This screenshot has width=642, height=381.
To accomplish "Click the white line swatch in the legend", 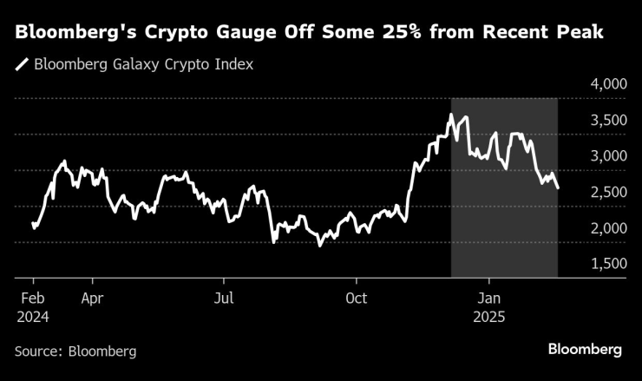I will click(x=21, y=65).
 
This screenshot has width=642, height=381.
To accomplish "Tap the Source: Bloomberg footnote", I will click(x=75, y=351).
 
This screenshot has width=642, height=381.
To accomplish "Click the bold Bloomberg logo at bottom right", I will click(x=585, y=349).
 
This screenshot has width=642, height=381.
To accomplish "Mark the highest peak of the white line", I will click(x=451, y=115).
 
